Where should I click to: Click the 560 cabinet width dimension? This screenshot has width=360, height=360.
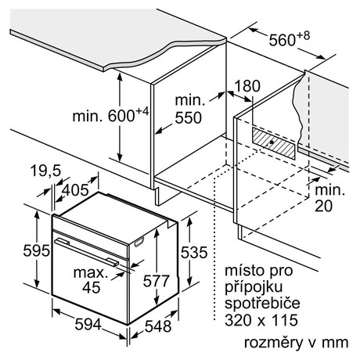[282, 40]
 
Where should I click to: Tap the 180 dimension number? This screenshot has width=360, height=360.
[247, 86]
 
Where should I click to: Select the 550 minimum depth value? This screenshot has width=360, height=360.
[188, 117]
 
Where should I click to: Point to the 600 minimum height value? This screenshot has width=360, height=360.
[121, 116]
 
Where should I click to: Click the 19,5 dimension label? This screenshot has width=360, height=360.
[45, 171]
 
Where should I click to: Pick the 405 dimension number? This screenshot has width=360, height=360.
[76, 190]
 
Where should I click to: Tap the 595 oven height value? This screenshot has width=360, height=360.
[36, 250]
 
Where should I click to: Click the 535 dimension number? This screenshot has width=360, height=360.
[194, 252]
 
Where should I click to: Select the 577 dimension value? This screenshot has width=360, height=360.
[157, 281]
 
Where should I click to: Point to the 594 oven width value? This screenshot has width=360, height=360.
[88, 325]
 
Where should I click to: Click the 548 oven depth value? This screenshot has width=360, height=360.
[158, 326]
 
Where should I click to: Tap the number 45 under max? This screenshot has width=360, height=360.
[91, 287]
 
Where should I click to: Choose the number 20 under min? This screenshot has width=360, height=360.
[323, 206]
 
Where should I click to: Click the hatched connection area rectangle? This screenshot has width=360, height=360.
[274, 143]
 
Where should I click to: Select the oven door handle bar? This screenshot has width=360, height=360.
[87, 253]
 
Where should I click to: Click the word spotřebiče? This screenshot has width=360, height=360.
[262, 304]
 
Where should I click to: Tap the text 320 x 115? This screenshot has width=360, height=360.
[261, 320]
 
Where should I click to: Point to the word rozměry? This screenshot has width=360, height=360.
[273, 342]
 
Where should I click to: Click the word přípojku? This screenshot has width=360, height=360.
[254, 287]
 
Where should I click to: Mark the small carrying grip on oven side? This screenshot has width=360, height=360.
[139, 242]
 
